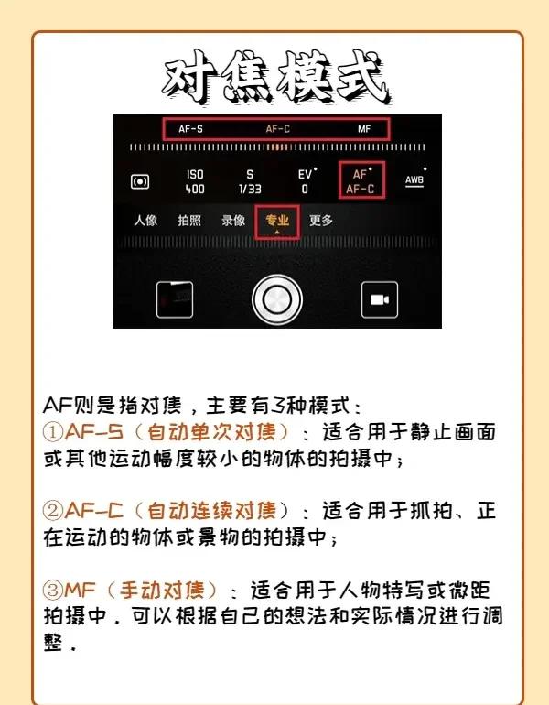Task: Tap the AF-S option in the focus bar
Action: (x=190, y=129)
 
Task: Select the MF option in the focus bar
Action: (x=364, y=129)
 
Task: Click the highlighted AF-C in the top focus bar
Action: (x=277, y=129)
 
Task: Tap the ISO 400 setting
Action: (x=195, y=181)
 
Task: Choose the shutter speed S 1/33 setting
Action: (x=250, y=181)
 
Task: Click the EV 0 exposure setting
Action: (x=305, y=181)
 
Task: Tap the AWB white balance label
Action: (x=414, y=180)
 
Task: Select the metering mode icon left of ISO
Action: (x=140, y=181)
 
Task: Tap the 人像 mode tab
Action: (x=145, y=221)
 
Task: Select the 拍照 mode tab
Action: (x=189, y=221)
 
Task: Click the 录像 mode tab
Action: (x=233, y=221)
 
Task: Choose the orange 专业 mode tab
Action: (x=277, y=221)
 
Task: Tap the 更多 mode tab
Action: (x=321, y=221)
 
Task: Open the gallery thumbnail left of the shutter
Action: (x=175, y=300)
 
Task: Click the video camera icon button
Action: (x=380, y=300)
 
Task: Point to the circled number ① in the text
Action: (x=52, y=432)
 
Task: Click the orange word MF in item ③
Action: (x=80, y=590)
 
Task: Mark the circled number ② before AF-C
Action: (x=52, y=511)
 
